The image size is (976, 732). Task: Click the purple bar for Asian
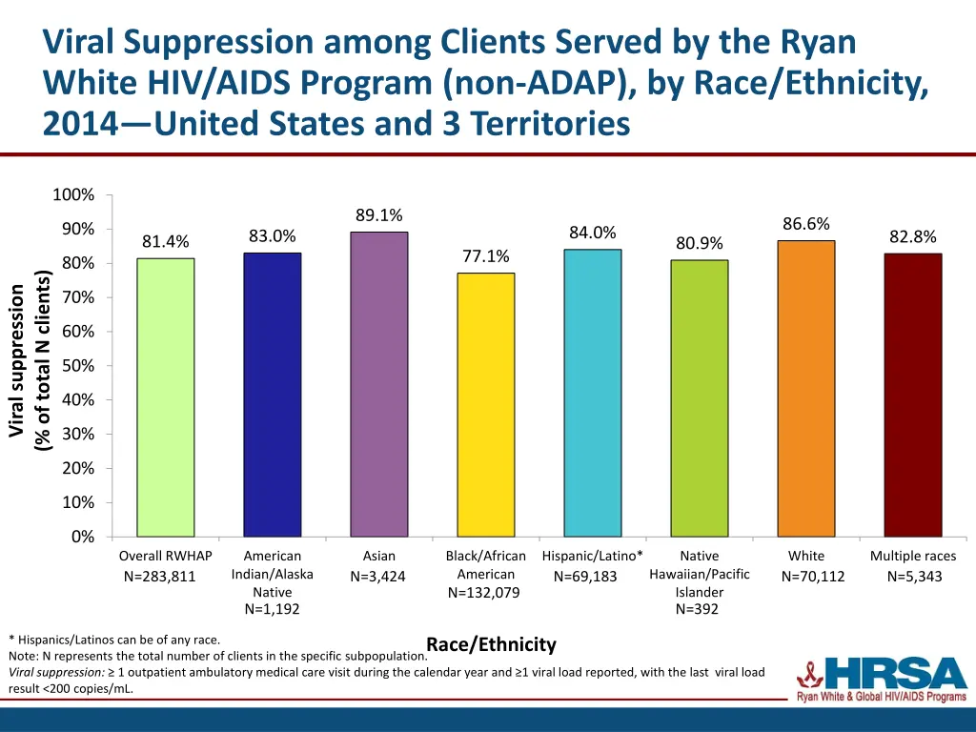click(x=378, y=384)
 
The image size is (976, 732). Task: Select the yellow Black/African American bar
click(x=485, y=404)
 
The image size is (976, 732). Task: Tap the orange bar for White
click(x=805, y=388)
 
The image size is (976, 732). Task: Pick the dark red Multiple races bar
click(x=912, y=395)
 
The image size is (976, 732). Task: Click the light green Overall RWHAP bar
click(x=165, y=397)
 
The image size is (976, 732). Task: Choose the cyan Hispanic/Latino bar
click(x=592, y=393)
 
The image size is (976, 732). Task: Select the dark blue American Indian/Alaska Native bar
click(x=272, y=395)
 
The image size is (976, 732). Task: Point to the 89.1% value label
click(x=378, y=215)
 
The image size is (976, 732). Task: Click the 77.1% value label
click(x=485, y=256)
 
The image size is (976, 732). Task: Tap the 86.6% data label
click(x=805, y=224)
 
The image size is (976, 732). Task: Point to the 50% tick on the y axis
click(x=73, y=366)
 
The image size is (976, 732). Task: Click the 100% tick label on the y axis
click(x=73, y=195)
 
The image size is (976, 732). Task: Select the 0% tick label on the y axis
click(x=82, y=537)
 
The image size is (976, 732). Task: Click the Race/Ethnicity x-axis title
click(x=491, y=645)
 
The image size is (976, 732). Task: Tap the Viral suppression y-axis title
click(x=29, y=361)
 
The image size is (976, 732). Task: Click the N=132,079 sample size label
click(x=485, y=593)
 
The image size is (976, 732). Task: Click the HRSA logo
click(x=883, y=679)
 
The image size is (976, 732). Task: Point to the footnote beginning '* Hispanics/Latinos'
click(x=114, y=640)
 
